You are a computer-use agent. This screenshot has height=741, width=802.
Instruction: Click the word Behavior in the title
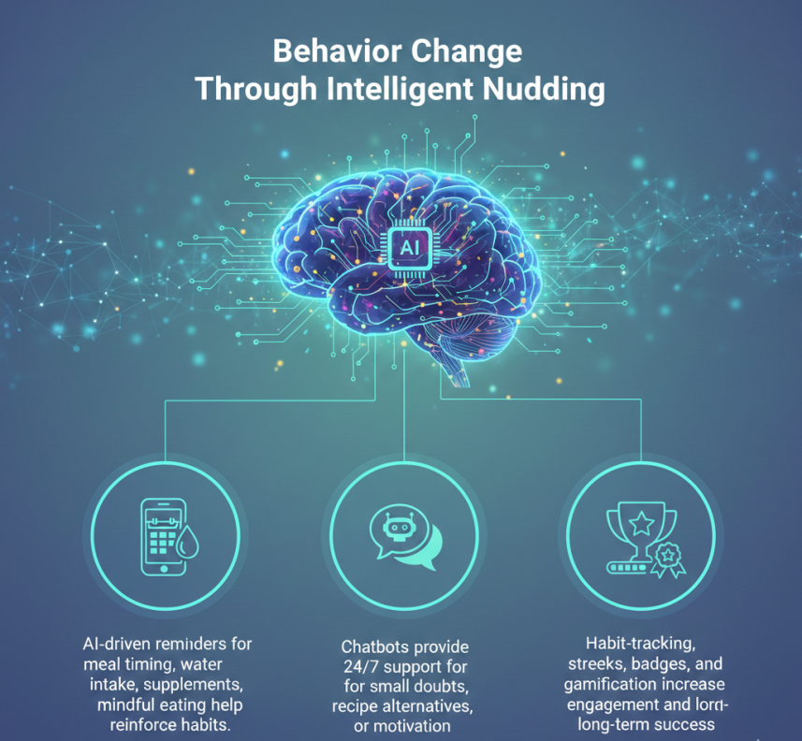[x=337, y=51]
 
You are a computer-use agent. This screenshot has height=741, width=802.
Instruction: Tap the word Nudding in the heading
[x=544, y=89]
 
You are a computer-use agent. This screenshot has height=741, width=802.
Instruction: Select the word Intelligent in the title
[x=400, y=90]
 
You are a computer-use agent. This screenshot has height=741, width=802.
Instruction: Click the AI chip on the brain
[x=409, y=248]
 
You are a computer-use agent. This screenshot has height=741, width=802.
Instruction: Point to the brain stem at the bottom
[x=457, y=370]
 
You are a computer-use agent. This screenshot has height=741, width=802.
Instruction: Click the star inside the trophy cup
[x=641, y=523]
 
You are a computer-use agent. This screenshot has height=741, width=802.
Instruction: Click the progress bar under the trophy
[x=628, y=568]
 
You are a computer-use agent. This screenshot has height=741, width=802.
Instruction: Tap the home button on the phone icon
[x=164, y=569]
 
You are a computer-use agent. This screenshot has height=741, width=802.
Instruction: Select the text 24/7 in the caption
[x=360, y=667]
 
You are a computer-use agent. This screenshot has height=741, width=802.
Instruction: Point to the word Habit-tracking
[x=640, y=644]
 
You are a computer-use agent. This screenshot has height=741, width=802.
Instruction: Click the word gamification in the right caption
[x=608, y=684]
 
